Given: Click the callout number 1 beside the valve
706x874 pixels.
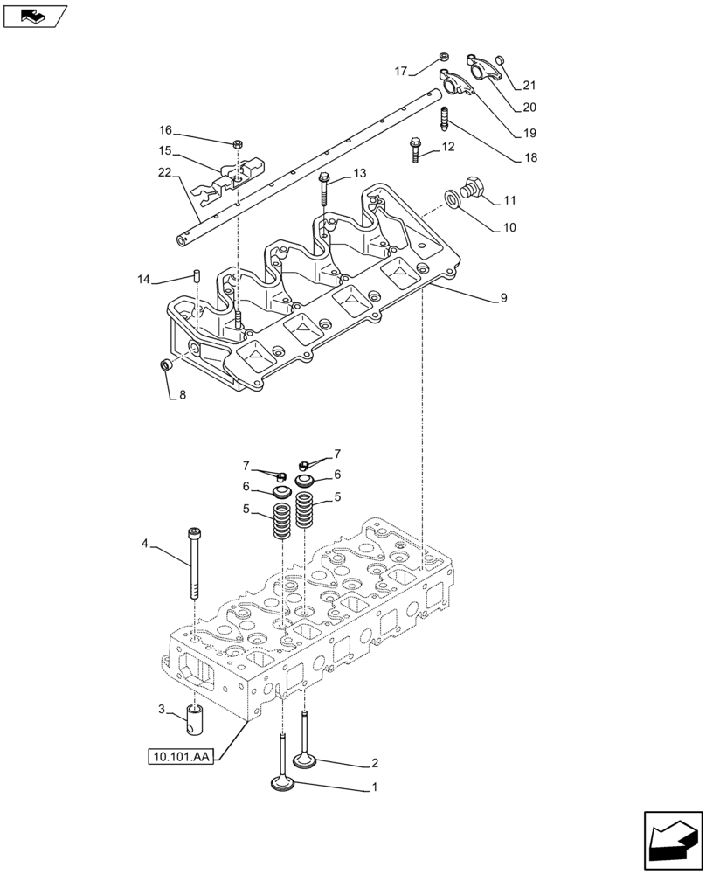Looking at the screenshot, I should [x=375, y=787].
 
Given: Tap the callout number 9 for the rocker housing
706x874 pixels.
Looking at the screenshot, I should [x=503, y=298].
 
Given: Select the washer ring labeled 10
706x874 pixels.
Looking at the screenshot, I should [x=453, y=198].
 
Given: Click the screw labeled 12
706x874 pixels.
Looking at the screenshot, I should [x=415, y=150].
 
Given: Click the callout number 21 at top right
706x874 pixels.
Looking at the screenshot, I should [x=529, y=86].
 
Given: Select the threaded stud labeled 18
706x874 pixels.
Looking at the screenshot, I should [x=445, y=115].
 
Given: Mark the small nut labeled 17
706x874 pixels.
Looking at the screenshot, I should [x=443, y=58].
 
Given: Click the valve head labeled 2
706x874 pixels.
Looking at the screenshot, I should [x=304, y=761].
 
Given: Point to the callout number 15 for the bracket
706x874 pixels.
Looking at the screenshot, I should [x=165, y=150].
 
